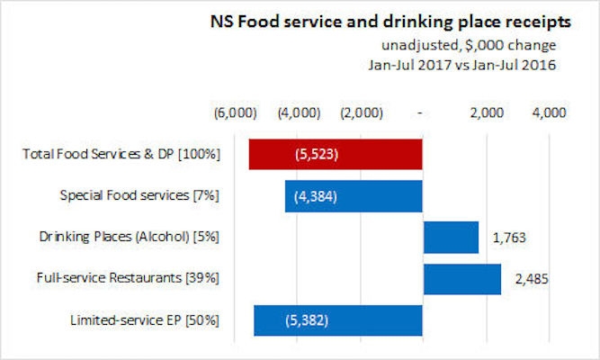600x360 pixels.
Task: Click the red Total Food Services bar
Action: (336, 154)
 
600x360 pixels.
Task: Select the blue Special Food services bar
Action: (354, 196)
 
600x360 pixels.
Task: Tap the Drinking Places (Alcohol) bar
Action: (451, 238)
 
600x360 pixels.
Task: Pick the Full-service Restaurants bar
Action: (461, 279)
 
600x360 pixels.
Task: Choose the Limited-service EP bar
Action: (338, 320)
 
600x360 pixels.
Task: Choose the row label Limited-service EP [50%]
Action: (144, 320)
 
